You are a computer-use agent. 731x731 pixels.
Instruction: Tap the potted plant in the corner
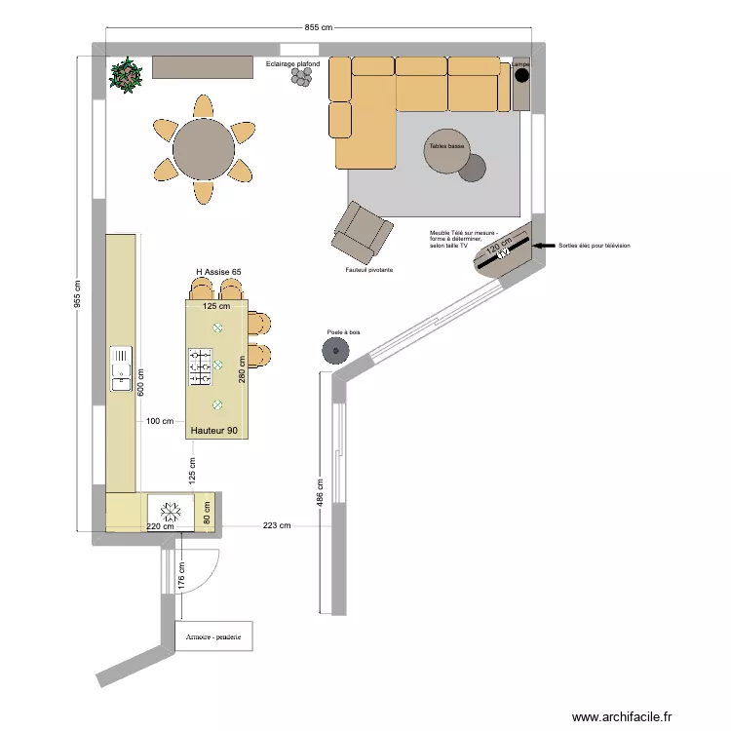click(x=126, y=74)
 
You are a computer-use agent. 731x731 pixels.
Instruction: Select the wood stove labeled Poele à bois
click(x=335, y=351)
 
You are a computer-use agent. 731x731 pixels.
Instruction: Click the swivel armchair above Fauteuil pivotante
click(x=363, y=231)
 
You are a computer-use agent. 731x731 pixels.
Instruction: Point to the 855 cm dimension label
click(x=319, y=28)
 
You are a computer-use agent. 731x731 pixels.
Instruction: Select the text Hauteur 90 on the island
click(x=214, y=430)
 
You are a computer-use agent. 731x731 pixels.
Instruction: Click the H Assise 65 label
click(x=219, y=272)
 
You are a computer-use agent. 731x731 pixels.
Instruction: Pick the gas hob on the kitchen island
click(x=200, y=366)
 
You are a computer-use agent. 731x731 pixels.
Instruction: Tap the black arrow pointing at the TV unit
click(x=541, y=247)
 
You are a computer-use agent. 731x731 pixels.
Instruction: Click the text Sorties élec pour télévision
click(x=595, y=247)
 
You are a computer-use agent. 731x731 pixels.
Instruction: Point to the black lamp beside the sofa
click(x=521, y=75)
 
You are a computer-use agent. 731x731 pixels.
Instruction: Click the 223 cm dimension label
click(x=276, y=526)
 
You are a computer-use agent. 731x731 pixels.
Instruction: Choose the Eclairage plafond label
click(x=292, y=64)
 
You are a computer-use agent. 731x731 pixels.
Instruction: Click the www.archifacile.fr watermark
click(x=622, y=716)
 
